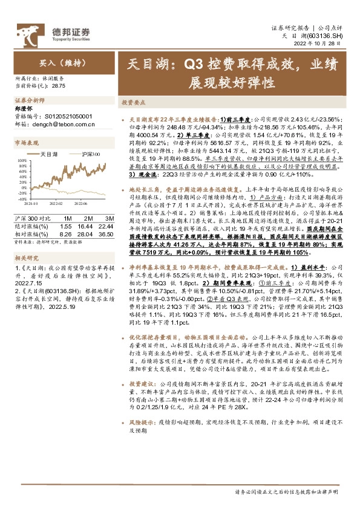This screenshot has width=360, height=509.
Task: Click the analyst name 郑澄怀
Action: tap(22, 109)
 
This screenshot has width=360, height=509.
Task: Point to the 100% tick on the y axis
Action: tap(22, 160)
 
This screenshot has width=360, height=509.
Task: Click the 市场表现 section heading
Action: tap(27, 143)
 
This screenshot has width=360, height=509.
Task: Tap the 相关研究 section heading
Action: tap(26, 258)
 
